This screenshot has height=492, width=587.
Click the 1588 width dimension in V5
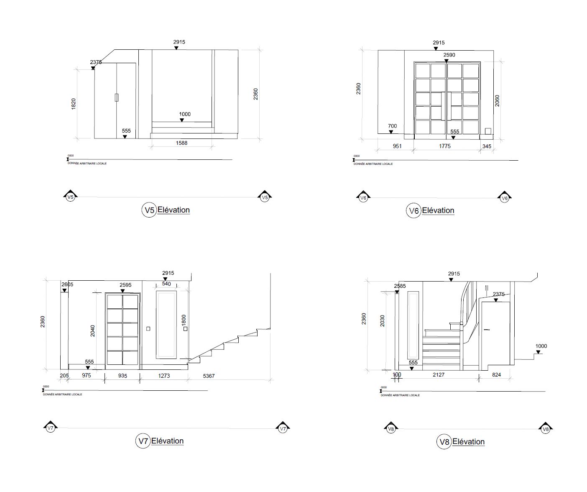coord(181,143)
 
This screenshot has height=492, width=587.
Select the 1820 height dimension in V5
coord(74,104)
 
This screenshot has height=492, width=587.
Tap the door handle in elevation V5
coord(117,97)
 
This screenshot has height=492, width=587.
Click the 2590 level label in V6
coord(449,55)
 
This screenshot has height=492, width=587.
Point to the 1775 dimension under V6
coord(445,146)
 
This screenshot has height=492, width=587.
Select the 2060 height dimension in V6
coord(497,101)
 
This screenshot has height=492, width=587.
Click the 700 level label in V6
coord(392,126)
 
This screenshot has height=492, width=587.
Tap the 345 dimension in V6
coord(487,146)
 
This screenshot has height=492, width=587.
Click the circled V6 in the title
coord(413,211)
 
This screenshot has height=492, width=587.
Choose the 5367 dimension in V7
coord(209,376)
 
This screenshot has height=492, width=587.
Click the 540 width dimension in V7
coord(166,284)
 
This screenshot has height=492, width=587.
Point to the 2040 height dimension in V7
coord(93,331)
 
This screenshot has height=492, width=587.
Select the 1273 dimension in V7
coord(164,376)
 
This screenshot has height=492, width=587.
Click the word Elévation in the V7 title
coord(167,441)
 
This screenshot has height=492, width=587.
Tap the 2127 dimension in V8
coord(438,374)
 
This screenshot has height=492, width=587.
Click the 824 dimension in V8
coord(496,375)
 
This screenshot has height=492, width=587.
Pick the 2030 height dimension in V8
coord(383,321)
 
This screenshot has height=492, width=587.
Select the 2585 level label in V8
coord(400,286)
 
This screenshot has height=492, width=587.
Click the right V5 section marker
coord(264,197)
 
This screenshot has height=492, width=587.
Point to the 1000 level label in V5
coord(184,114)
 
